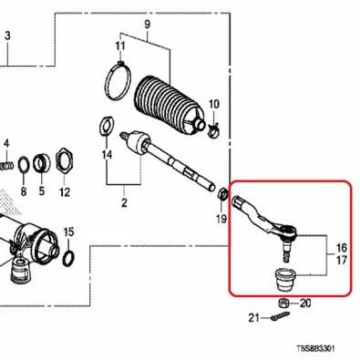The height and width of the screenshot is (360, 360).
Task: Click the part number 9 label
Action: [147, 24]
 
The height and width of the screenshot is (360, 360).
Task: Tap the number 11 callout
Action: [120, 46]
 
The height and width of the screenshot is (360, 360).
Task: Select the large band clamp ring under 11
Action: [118, 80]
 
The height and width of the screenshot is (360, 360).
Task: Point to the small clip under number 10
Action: [214, 130]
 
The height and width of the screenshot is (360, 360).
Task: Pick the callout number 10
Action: [213, 104]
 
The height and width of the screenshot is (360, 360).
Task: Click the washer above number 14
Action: [107, 127]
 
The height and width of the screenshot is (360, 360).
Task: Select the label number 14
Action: [107, 155]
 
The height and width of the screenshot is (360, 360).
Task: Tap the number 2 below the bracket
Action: [124, 202]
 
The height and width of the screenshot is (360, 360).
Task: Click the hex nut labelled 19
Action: [222, 193]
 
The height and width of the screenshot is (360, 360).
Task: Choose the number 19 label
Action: [221, 218]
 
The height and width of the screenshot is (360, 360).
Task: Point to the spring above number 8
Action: [6, 166]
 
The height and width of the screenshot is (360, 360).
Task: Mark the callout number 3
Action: [7, 36]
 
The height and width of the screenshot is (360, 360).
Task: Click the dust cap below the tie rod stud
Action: [285, 280]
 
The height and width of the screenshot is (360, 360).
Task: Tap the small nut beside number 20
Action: [283, 303]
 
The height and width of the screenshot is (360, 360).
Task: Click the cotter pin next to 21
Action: [280, 316]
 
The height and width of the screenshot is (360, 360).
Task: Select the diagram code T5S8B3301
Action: [316, 348]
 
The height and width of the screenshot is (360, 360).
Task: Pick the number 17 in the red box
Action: [342, 261]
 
